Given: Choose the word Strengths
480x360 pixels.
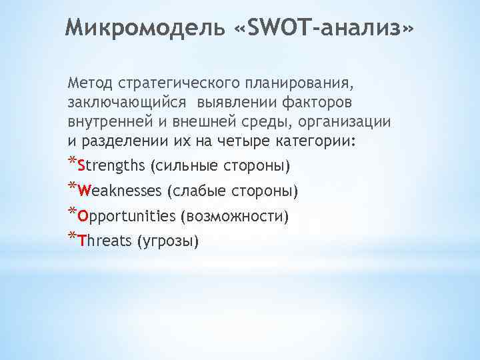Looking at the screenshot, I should [111, 165].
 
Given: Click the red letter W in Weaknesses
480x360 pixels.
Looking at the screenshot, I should [83, 191].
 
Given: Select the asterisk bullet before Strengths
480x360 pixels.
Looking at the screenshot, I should [72, 162].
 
